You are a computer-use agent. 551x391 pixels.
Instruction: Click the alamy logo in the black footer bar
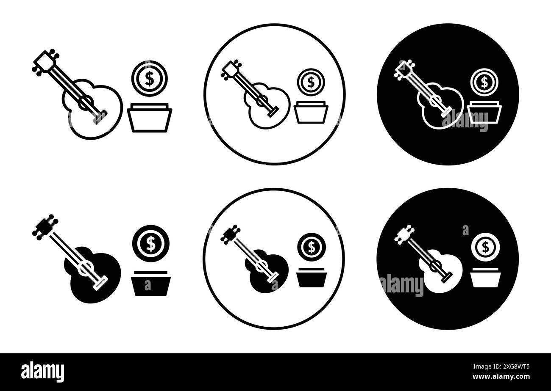pyautogui.click(x=42, y=371)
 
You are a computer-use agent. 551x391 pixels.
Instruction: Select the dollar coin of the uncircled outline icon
pyautogui.click(x=149, y=79)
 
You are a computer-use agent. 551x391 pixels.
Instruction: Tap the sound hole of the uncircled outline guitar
pyautogui.click(x=86, y=102)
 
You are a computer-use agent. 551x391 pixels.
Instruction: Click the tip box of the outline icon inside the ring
pyautogui.click(x=311, y=113)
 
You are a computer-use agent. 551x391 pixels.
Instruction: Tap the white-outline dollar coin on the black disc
pyautogui.click(x=484, y=82)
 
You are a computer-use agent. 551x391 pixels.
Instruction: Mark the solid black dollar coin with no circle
pyautogui.click(x=150, y=243)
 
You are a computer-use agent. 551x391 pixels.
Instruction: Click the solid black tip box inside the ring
pyautogui.click(x=312, y=280)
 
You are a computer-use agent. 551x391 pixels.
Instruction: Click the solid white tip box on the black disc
pyautogui.click(x=485, y=280)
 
